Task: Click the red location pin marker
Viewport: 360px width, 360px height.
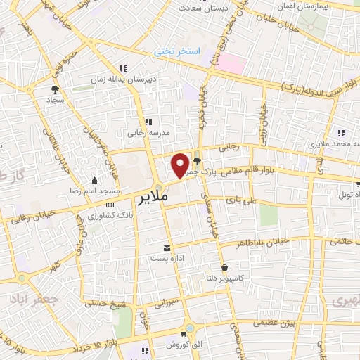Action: (x=181, y=165)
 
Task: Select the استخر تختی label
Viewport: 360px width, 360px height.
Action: (x=179, y=52)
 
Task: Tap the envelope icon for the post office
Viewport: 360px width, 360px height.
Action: (x=167, y=247)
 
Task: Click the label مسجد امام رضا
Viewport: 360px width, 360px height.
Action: (x=96, y=191)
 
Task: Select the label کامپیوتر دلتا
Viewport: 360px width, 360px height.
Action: (x=224, y=278)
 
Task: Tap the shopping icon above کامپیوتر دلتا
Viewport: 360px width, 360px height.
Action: (x=224, y=267)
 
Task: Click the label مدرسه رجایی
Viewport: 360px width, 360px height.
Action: (x=148, y=132)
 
